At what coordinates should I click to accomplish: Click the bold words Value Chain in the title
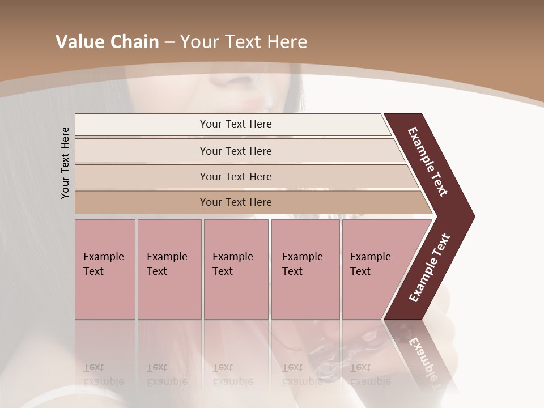(x=107, y=42)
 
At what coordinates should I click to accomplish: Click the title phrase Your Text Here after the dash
(x=244, y=42)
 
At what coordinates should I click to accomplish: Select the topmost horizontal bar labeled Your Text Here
(x=142, y=125)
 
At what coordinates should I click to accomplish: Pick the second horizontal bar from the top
(x=142, y=151)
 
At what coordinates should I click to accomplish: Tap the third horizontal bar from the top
(x=142, y=176)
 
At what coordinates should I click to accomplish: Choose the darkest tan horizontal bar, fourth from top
(x=142, y=202)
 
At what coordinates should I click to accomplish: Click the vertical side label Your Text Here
(x=65, y=163)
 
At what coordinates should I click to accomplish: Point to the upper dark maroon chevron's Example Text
(x=428, y=161)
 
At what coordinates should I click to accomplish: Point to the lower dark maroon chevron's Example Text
(x=429, y=268)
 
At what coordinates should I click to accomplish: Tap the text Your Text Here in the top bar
(x=236, y=124)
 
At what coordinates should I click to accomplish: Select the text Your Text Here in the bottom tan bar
(x=236, y=202)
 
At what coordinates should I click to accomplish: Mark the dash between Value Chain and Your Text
(x=169, y=42)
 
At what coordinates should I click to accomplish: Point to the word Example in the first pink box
(x=103, y=257)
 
